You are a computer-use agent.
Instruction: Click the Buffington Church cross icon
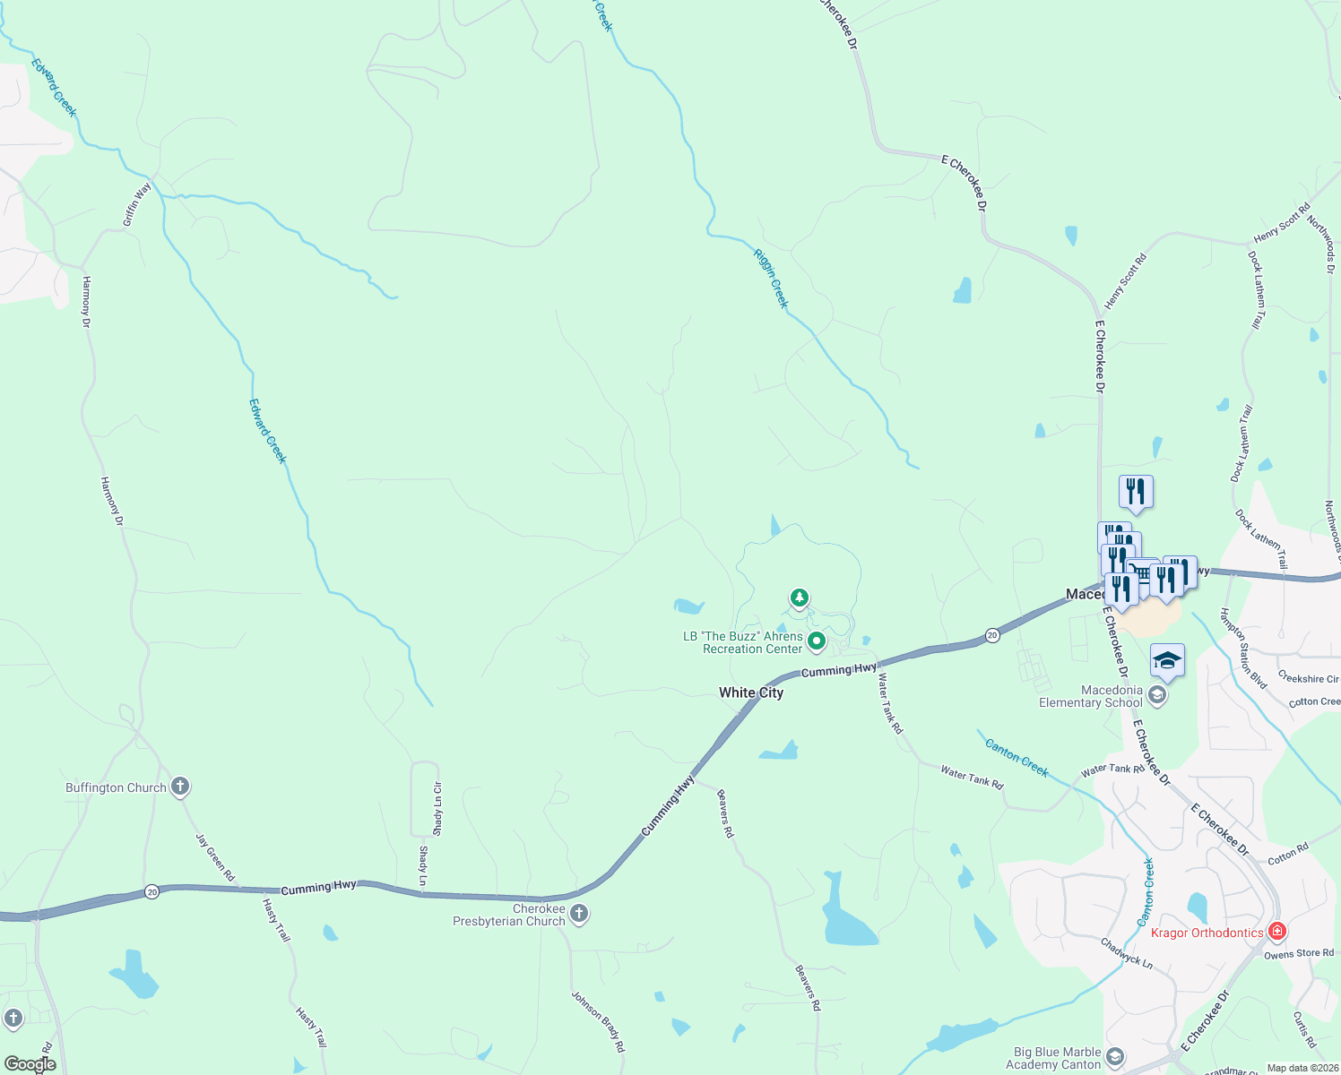(x=180, y=787)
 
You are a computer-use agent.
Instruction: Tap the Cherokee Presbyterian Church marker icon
(x=579, y=914)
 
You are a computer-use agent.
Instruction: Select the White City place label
(x=751, y=692)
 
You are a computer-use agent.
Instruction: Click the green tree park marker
(x=799, y=598)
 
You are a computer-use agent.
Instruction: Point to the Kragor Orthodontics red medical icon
(x=1277, y=932)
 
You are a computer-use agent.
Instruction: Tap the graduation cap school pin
(x=1167, y=661)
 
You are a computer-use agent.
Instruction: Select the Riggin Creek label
(x=770, y=279)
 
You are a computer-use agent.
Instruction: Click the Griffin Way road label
(x=137, y=204)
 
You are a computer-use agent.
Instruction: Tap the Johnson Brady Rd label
(x=598, y=1021)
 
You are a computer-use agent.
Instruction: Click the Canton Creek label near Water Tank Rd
(x=1017, y=757)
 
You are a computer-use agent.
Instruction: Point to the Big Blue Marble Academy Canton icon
(x=1114, y=1057)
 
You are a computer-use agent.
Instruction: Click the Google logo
(x=30, y=1064)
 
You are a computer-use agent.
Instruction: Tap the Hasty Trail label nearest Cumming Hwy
(x=276, y=920)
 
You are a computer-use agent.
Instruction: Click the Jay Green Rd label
(x=215, y=857)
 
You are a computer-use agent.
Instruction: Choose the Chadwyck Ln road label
(x=1126, y=952)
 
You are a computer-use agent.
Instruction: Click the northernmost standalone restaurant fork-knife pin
(x=1136, y=492)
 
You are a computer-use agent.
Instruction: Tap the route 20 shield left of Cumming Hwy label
(x=152, y=892)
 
